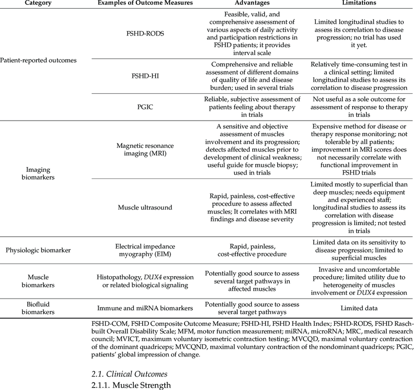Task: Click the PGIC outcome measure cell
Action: pyautogui.click(x=145, y=106)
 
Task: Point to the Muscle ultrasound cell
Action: pyautogui.click(x=145, y=208)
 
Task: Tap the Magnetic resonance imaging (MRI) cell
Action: pyautogui.click(x=145, y=150)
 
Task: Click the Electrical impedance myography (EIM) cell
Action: pyautogui.click(x=145, y=250)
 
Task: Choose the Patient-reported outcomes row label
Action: pyautogui.click(x=38, y=60)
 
